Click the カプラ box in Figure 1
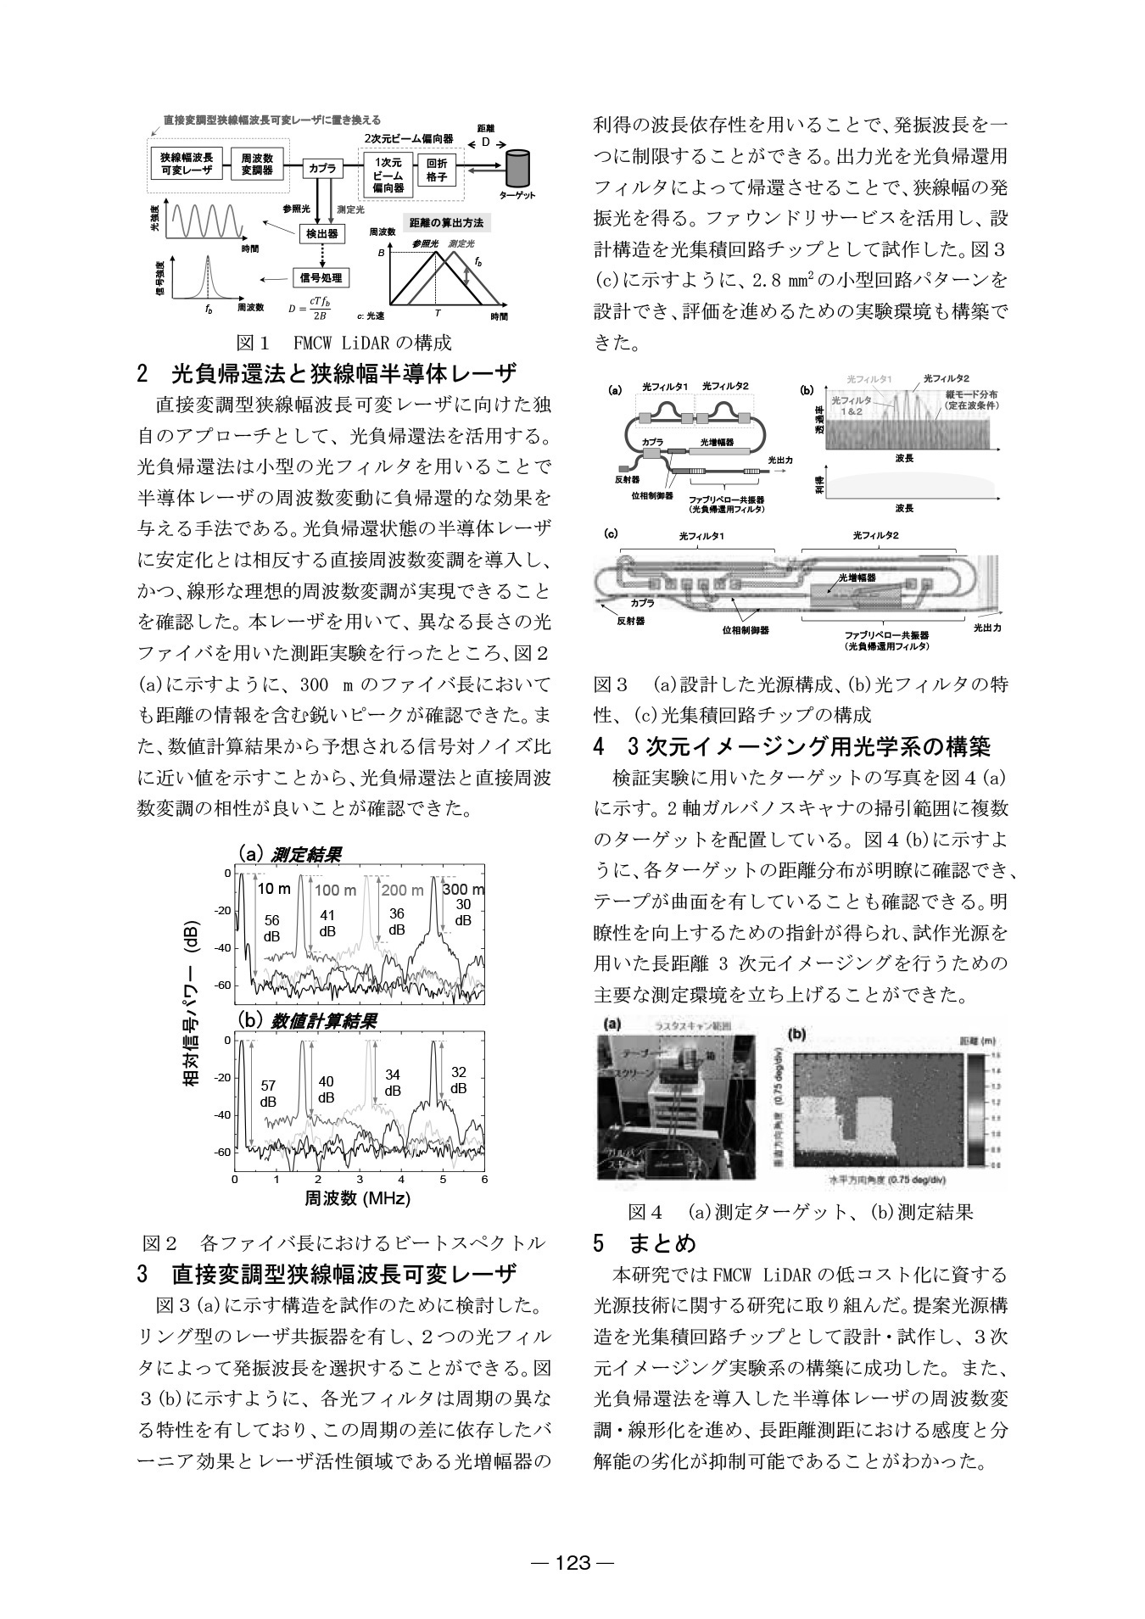point(322,168)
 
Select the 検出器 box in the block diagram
point(322,233)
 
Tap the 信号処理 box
point(321,277)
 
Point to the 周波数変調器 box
point(257,164)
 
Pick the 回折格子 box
point(437,169)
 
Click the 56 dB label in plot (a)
point(271,928)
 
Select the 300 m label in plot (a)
point(463,889)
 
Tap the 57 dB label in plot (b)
point(268,1093)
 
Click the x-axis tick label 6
point(483,1180)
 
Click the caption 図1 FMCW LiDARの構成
point(343,343)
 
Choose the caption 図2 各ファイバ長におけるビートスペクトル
point(343,1243)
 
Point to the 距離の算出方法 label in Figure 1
point(446,222)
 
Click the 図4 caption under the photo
point(800,1211)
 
